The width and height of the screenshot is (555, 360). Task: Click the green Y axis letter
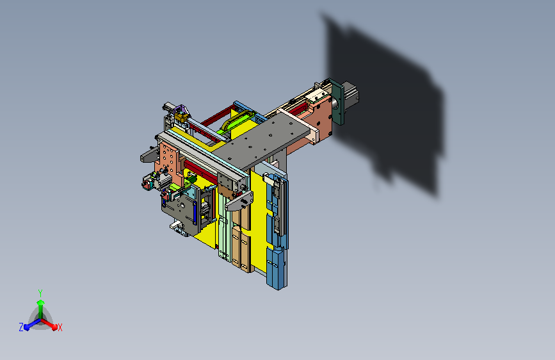click(x=40, y=293)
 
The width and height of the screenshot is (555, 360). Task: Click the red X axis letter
click(x=60, y=328)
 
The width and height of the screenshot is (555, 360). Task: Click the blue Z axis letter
click(x=21, y=327)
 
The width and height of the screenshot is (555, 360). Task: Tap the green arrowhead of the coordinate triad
click(x=40, y=302)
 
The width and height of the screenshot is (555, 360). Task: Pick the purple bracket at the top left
click(x=182, y=109)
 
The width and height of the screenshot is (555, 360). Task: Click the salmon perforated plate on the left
click(x=168, y=160)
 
